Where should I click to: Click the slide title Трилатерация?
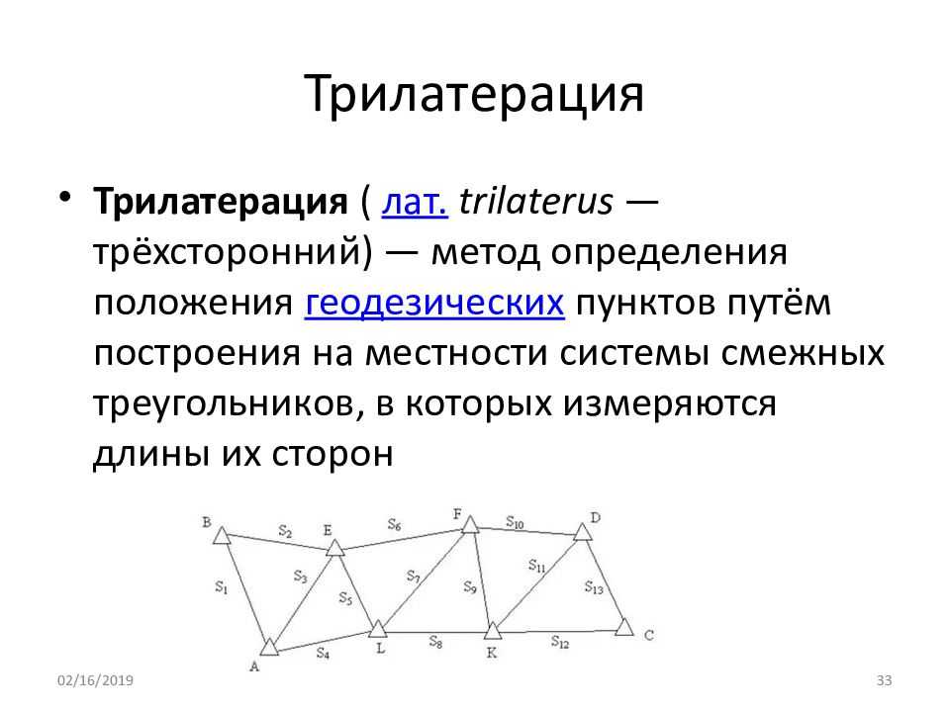pyautogui.click(x=474, y=95)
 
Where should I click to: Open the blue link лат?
pyautogui.click(x=415, y=202)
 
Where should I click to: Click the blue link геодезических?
pyautogui.click(x=434, y=304)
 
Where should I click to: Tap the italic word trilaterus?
pyautogui.click(x=536, y=201)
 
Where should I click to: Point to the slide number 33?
pyautogui.click(x=884, y=680)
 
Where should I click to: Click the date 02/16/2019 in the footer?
pyautogui.click(x=95, y=680)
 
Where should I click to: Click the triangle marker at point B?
pyautogui.click(x=222, y=536)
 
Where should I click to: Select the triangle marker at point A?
pyautogui.click(x=269, y=647)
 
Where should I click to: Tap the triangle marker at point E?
pyautogui.click(x=335, y=548)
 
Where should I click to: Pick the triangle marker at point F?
pyautogui.click(x=470, y=524)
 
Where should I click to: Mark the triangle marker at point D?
pyautogui.click(x=582, y=532)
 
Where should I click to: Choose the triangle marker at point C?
pyautogui.click(x=624, y=627)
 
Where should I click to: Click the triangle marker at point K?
pyautogui.click(x=493, y=632)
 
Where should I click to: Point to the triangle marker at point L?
pyautogui.click(x=378, y=629)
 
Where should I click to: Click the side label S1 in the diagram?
pyautogui.click(x=221, y=586)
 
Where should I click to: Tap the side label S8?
pyautogui.click(x=435, y=642)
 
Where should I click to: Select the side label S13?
pyautogui.click(x=594, y=587)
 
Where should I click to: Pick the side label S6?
pyautogui.click(x=395, y=524)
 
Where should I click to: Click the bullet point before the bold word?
pyautogui.click(x=65, y=197)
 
